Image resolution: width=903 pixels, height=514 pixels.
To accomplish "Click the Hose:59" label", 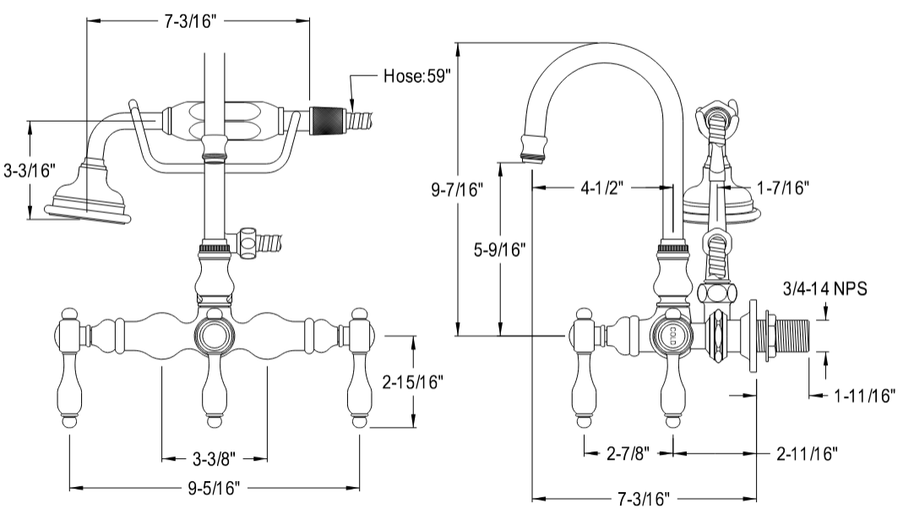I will click(417, 75).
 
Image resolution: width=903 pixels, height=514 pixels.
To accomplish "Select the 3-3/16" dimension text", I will click(28, 170).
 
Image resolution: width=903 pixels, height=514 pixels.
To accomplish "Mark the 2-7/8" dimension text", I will click(627, 453).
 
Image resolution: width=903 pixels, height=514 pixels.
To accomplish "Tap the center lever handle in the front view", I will click(215, 389).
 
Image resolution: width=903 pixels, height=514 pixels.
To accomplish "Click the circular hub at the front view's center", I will click(215, 336).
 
